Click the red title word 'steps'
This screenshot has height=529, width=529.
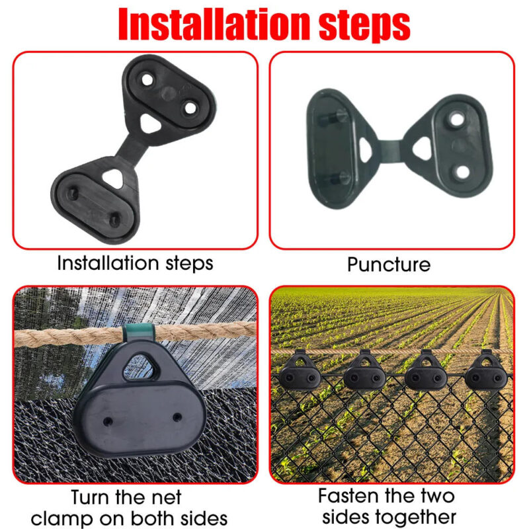click(x=364, y=25)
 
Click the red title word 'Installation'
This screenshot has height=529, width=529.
click(x=214, y=24)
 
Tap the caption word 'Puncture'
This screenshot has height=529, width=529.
click(x=389, y=264)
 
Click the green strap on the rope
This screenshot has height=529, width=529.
click(x=138, y=333)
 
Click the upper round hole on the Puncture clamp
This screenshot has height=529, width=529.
click(x=456, y=119)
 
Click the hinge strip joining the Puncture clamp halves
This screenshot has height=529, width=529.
click(x=391, y=151)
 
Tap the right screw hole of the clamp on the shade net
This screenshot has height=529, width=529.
click(x=177, y=417)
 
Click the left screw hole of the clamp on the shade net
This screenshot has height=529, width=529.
click(x=108, y=421)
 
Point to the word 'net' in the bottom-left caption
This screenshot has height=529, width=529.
click(x=166, y=497)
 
